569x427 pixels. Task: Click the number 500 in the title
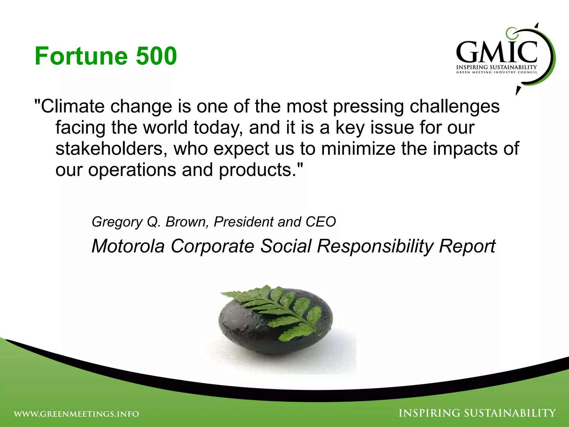pos(156,56)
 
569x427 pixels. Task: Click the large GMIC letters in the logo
pos(496,52)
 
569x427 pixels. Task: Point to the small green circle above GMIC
pos(510,33)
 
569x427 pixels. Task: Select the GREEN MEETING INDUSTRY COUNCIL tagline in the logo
pos(496,72)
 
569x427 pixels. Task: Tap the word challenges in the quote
pos(455,107)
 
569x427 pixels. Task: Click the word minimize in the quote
pos(358,148)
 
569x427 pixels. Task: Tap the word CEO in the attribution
pos(321,222)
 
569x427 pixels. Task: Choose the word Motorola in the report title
pos(128,246)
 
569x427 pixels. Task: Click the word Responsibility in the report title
pos(375,246)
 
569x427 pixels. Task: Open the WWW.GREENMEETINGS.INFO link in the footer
pos(76,414)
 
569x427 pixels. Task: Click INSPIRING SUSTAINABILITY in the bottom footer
pos(477,413)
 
